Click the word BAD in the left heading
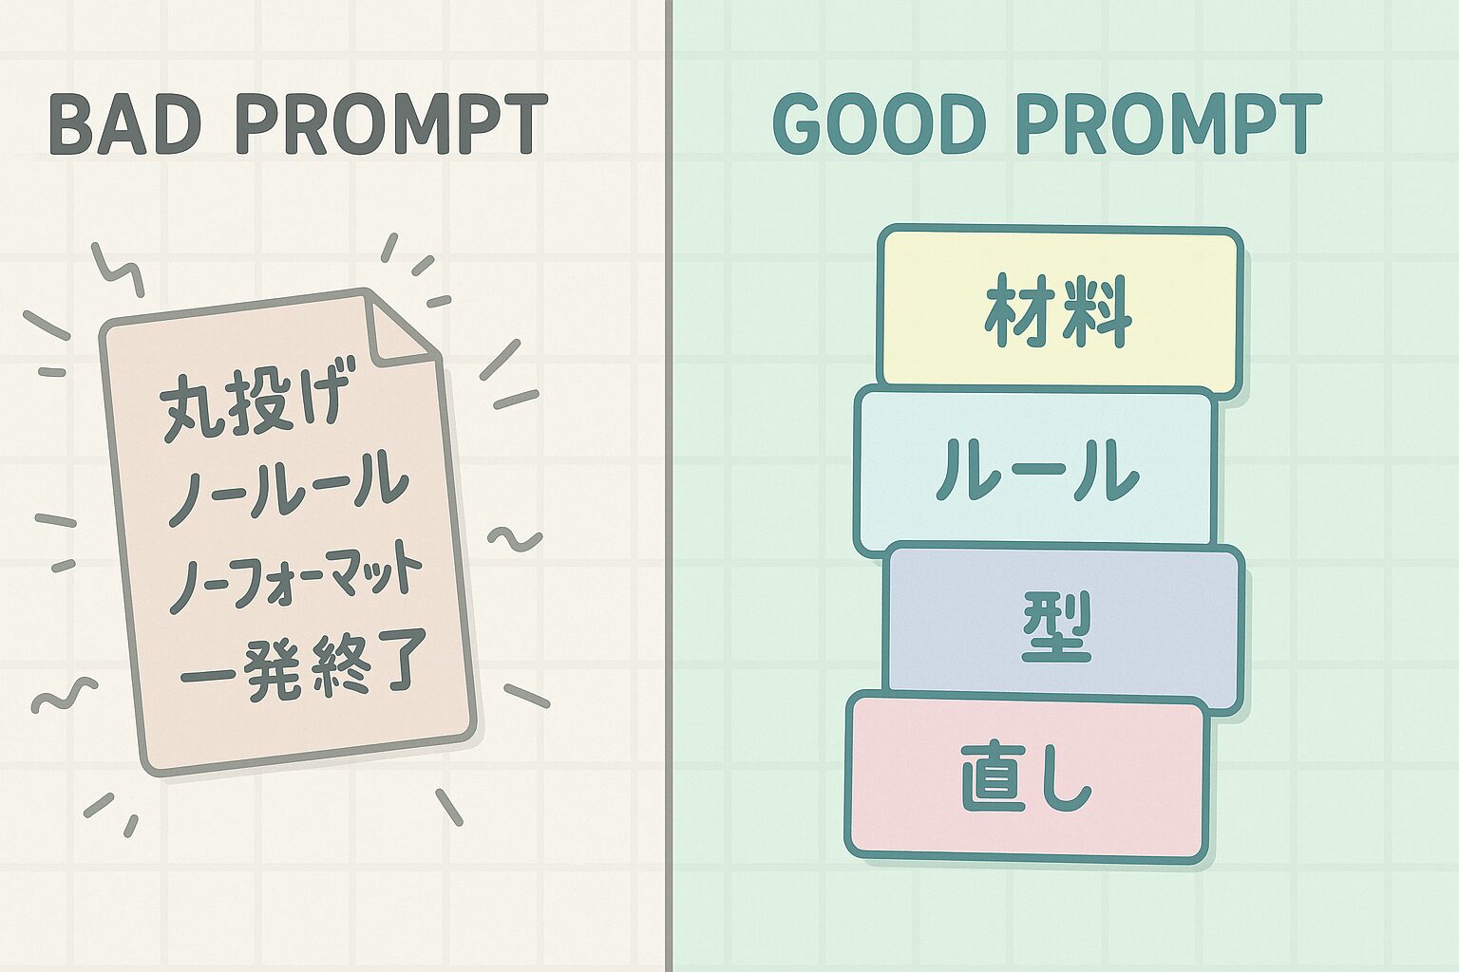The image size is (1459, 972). point(125,123)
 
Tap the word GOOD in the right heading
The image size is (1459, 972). point(879,123)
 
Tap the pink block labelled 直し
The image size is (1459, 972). point(1027,778)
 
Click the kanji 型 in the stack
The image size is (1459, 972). point(1056,626)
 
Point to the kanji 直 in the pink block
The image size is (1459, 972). point(997,778)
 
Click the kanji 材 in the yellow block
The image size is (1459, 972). point(1020,310)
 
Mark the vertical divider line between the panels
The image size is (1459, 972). point(669,486)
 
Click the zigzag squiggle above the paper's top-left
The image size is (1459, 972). point(117,270)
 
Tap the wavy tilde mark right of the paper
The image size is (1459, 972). point(515,538)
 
